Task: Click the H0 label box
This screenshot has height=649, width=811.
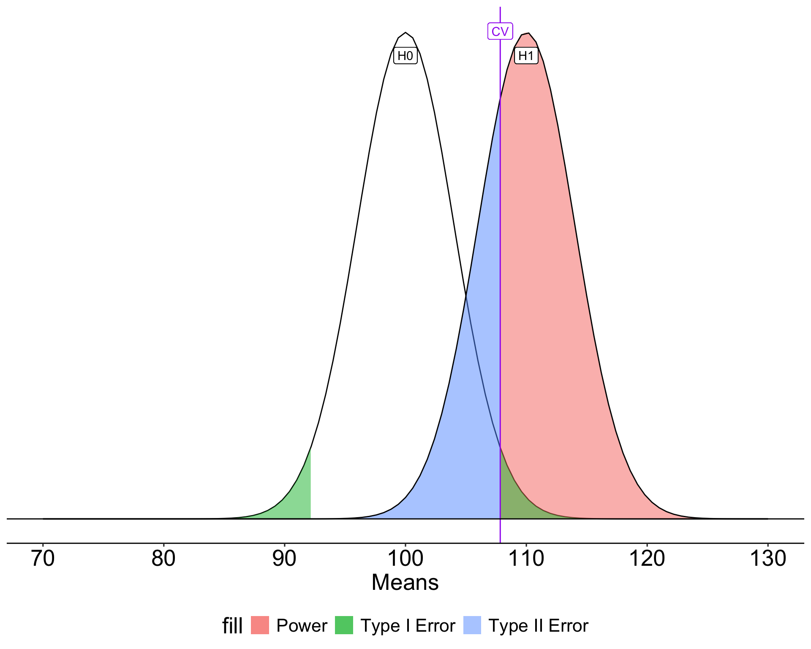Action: (x=405, y=56)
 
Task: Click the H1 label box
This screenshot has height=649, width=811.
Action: (x=526, y=56)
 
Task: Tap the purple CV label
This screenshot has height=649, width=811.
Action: (x=500, y=31)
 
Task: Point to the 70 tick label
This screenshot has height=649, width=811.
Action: (x=43, y=559)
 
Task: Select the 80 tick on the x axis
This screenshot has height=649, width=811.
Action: (x=163, y=559)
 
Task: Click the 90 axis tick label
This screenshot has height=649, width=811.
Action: (x=284, y=559)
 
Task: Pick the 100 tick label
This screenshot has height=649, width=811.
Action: (x=405, y=559)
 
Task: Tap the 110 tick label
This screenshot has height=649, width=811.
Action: (x=526, y=559)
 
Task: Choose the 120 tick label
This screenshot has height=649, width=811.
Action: (x=647, y=559)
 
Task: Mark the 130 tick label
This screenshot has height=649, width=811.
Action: (x=768, y=559)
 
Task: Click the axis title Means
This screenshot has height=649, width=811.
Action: (x=405, y=583)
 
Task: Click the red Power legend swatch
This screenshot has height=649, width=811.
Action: (x=260, y=625)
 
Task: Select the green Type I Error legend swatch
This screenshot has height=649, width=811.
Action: (x=344, y=625)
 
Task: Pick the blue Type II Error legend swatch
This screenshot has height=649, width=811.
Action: (x=472, y=625)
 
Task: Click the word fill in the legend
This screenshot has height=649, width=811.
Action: (x=232, y=626)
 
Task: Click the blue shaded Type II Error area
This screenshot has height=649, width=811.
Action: (x=469, y=423)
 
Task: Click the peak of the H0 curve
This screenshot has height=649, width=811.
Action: (x=405, y=33)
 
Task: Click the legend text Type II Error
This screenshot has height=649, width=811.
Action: (x=538, y=626)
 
